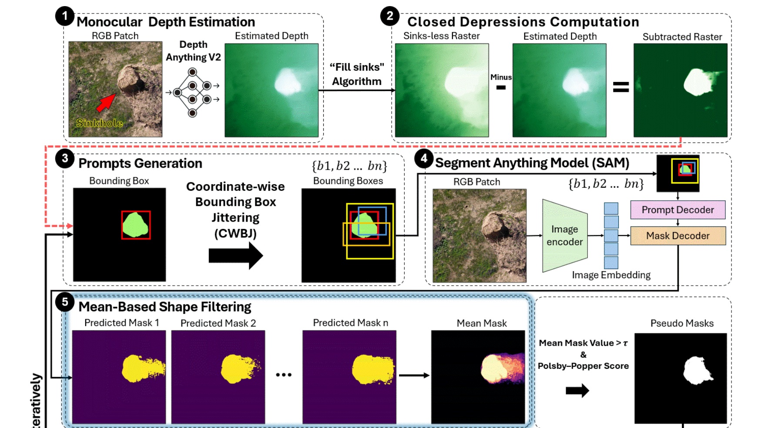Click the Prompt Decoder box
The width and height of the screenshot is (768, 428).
point(677,210)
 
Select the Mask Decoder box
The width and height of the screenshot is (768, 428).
point(677,236)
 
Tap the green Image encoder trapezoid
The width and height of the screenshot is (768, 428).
point(565,236)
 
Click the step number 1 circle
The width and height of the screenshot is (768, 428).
point(64,17)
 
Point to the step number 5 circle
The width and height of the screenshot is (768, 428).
point(64,302)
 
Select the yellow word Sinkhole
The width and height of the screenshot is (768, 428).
point(99,123)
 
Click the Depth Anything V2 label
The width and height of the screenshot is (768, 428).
point(193,51)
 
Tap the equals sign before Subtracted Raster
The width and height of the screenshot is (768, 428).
point(620,87)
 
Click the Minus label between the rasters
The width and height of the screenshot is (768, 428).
point(501,78)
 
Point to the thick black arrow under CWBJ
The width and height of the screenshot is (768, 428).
point(235,256)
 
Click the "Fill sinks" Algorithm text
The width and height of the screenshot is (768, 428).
point(357,74)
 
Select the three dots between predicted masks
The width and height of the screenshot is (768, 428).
point(284,374)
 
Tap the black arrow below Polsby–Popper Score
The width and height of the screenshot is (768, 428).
point(577,391)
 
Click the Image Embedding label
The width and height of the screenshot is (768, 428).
point(611,275)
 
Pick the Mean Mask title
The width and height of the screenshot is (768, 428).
point(482,324)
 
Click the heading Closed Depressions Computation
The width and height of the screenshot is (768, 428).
point(523,22)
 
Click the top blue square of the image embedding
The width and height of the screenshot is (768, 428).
point(611,209)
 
